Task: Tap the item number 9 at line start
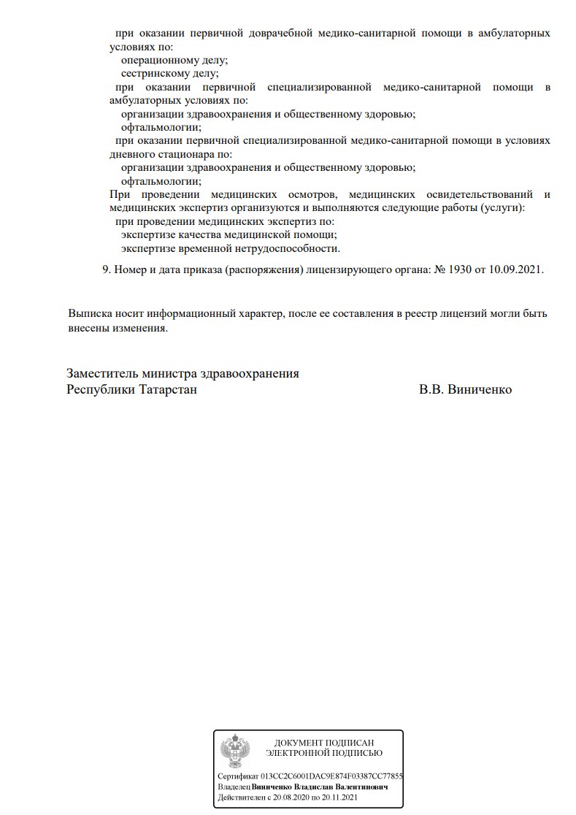106,269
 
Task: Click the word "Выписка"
91,313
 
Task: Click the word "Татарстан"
167,389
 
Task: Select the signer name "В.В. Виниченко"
465,389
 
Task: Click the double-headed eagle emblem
235,749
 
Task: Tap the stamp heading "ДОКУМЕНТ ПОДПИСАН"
323,743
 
